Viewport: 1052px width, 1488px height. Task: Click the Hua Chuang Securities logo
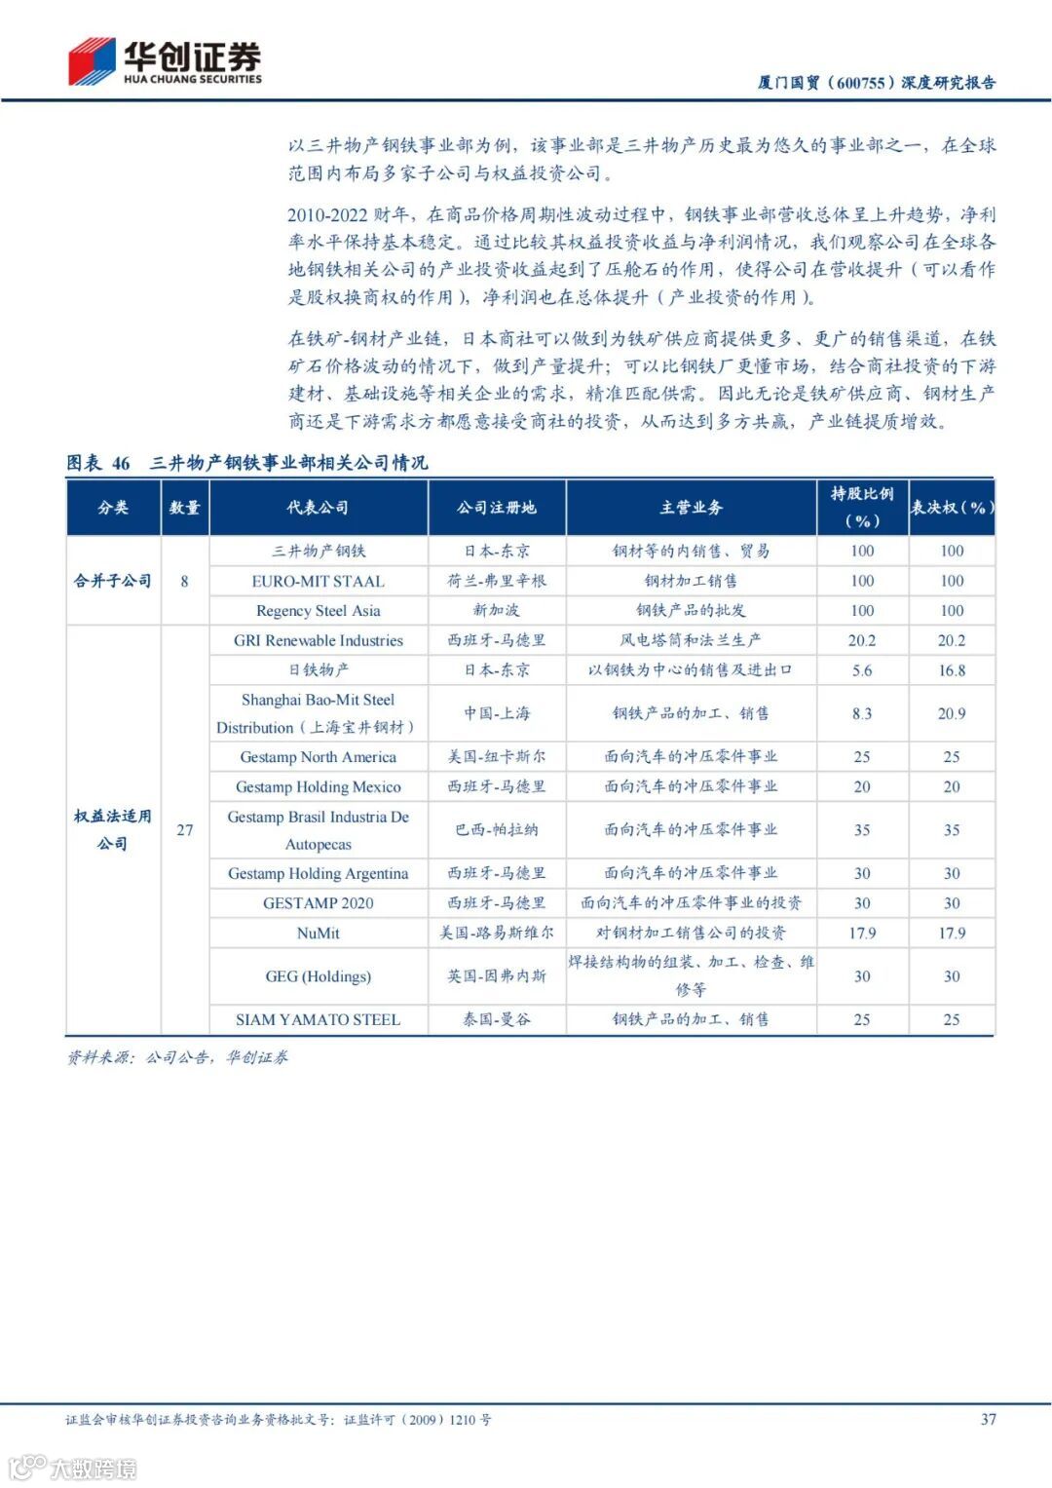(x=164, y=61)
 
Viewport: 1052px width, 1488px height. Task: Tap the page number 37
(x=988, y=1419)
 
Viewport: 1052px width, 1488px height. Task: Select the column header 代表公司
(x=318, y=508)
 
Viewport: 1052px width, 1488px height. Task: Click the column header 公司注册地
(x=497, y=508)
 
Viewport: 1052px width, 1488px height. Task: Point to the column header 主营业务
(x=691, y=508)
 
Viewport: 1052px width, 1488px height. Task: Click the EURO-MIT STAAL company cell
(x=318, y=581)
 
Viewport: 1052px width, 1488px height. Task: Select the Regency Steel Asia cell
(x=318, y=611)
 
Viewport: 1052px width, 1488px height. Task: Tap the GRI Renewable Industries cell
(x=318, y=640)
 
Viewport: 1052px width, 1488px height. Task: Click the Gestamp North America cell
(x=318, y=757)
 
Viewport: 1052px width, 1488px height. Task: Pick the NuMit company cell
(x=318, y=934)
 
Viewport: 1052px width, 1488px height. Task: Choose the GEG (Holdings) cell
(x=318, y=976)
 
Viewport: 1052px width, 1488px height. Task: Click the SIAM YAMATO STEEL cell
(x=318, y=1020)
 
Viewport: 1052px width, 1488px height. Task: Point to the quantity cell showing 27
(x=185, y=830)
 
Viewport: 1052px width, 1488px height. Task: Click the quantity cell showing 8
(x=185, y=582)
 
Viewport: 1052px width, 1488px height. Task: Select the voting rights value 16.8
(x=951, y=670)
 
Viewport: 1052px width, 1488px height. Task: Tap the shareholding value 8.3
(x=862, y=713)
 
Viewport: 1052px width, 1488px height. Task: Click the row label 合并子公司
(x=113, y=581)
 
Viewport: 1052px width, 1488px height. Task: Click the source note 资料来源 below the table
(x=177, y=1057)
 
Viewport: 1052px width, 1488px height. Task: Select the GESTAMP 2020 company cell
(x=318, y=903)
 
